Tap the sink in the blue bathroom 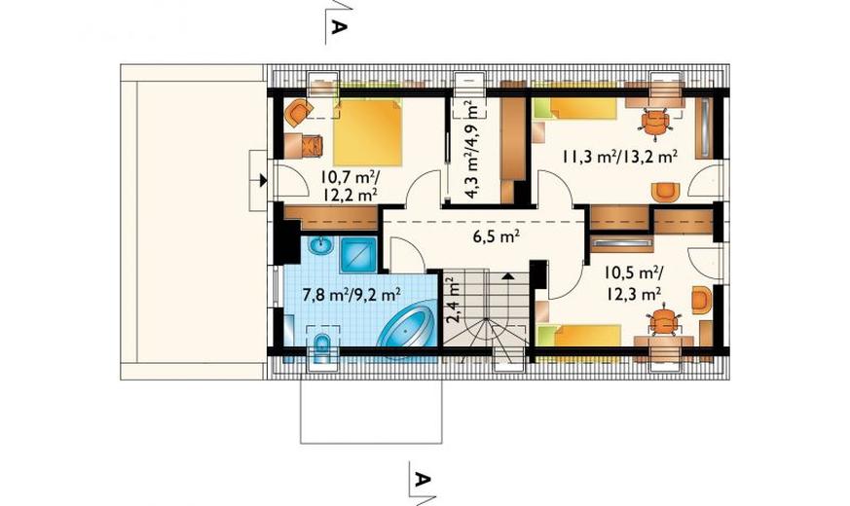pos(321,247)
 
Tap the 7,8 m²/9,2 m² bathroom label pos(351,294)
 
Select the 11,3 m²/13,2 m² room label pos(619,157)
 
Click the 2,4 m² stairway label pos(452,300)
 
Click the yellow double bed pos(368,132)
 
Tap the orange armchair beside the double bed pos(298,112)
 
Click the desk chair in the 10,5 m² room pos(663,323)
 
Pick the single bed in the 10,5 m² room pos(578,336)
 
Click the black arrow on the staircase pos(507,275)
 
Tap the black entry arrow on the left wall pos(263,180)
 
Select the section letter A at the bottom pos(423,479)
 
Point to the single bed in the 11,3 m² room pos(574,108)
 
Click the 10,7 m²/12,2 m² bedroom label pos(350,186)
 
